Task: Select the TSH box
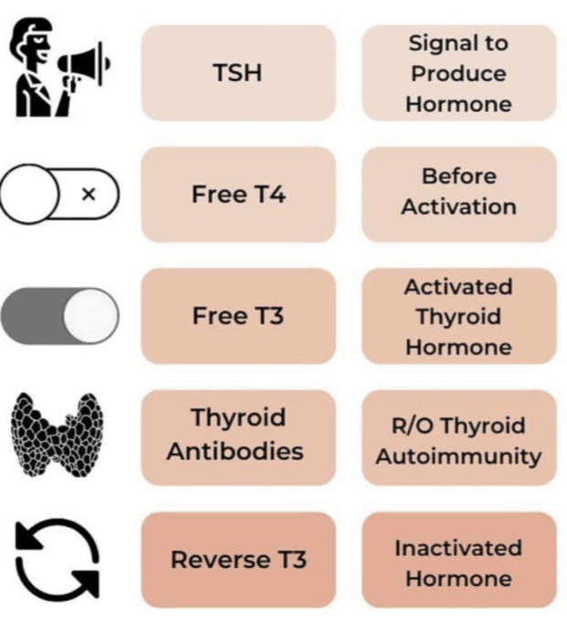point(237,73)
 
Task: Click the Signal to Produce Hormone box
point(458,73)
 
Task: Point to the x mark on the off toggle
point(89,195)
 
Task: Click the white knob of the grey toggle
point(89,315)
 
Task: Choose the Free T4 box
point(237,195)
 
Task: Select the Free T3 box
point(237,316)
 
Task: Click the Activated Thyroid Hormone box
point(458,316)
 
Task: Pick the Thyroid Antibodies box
point(237,435)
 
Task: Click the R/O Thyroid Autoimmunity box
point(458,439)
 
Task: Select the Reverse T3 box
point(237,559)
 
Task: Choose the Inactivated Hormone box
point(458,563)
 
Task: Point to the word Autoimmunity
point(458,455)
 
